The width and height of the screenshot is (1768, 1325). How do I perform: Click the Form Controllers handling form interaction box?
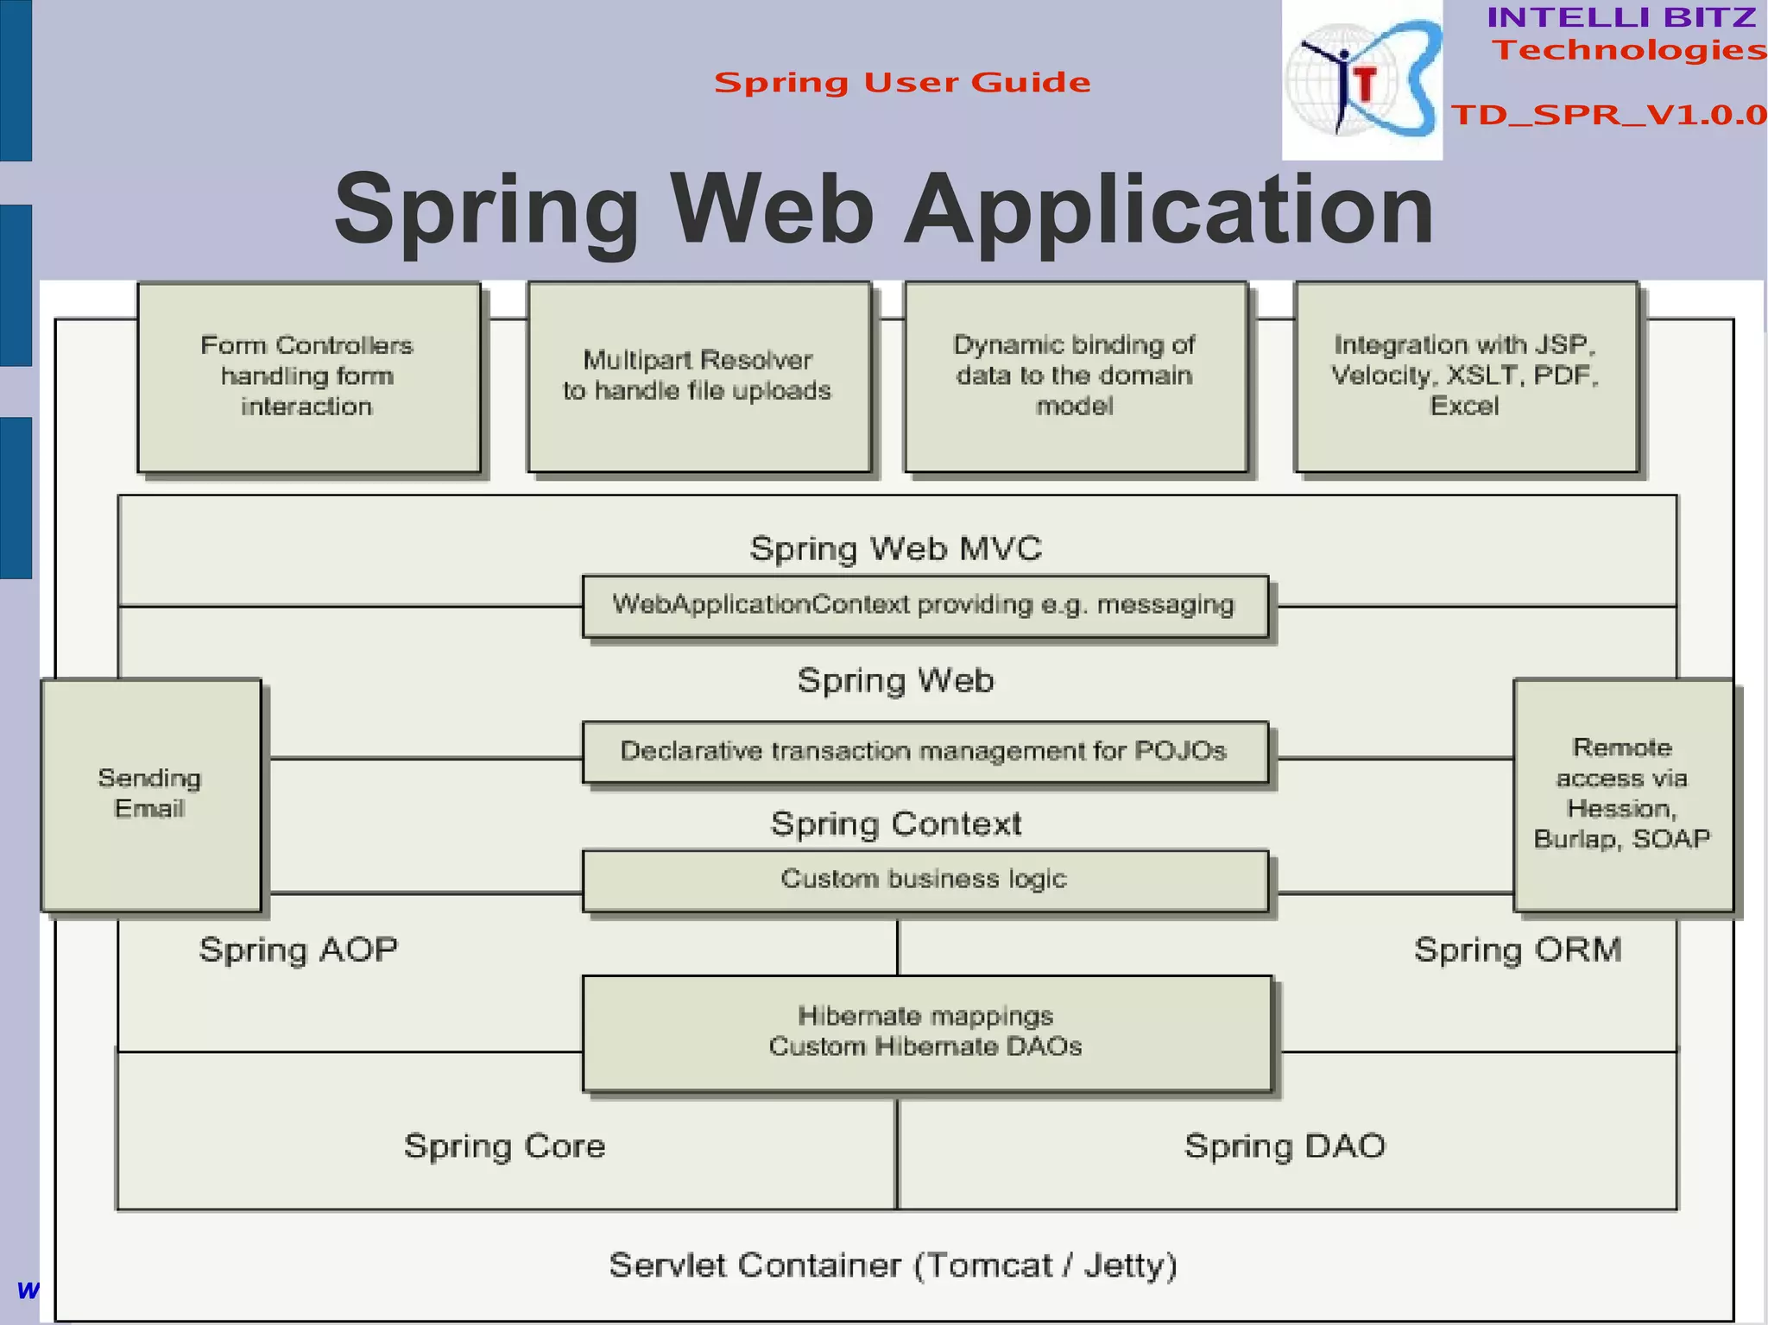308,377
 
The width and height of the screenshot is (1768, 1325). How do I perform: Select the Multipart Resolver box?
698,377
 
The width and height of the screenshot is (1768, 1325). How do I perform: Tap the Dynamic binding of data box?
1075,377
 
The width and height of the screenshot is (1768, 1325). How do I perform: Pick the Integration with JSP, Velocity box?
1465,377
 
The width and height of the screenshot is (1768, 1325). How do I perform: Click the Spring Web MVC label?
895,549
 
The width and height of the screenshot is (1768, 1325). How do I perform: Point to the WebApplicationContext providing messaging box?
925,606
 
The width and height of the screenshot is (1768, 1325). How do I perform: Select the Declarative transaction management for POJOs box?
925,752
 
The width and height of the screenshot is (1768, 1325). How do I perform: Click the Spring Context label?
895,824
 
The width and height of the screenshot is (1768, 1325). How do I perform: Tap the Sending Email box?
151,794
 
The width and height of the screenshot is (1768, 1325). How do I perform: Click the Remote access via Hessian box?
1622,794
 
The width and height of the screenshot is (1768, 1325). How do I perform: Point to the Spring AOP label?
298,950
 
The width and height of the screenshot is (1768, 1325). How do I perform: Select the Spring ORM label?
1518,950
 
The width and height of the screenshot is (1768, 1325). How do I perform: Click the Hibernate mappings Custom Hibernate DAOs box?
926,1032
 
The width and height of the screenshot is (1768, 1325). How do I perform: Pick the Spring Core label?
505,1146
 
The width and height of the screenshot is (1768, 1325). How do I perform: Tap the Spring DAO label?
1285,1146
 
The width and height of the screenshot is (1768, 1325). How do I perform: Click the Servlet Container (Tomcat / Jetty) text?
893,1265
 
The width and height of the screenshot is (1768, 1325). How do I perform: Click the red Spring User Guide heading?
902,83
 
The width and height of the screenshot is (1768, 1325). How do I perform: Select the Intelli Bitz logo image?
1361,80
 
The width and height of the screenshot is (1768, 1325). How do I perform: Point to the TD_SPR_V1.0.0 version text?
1608,115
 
